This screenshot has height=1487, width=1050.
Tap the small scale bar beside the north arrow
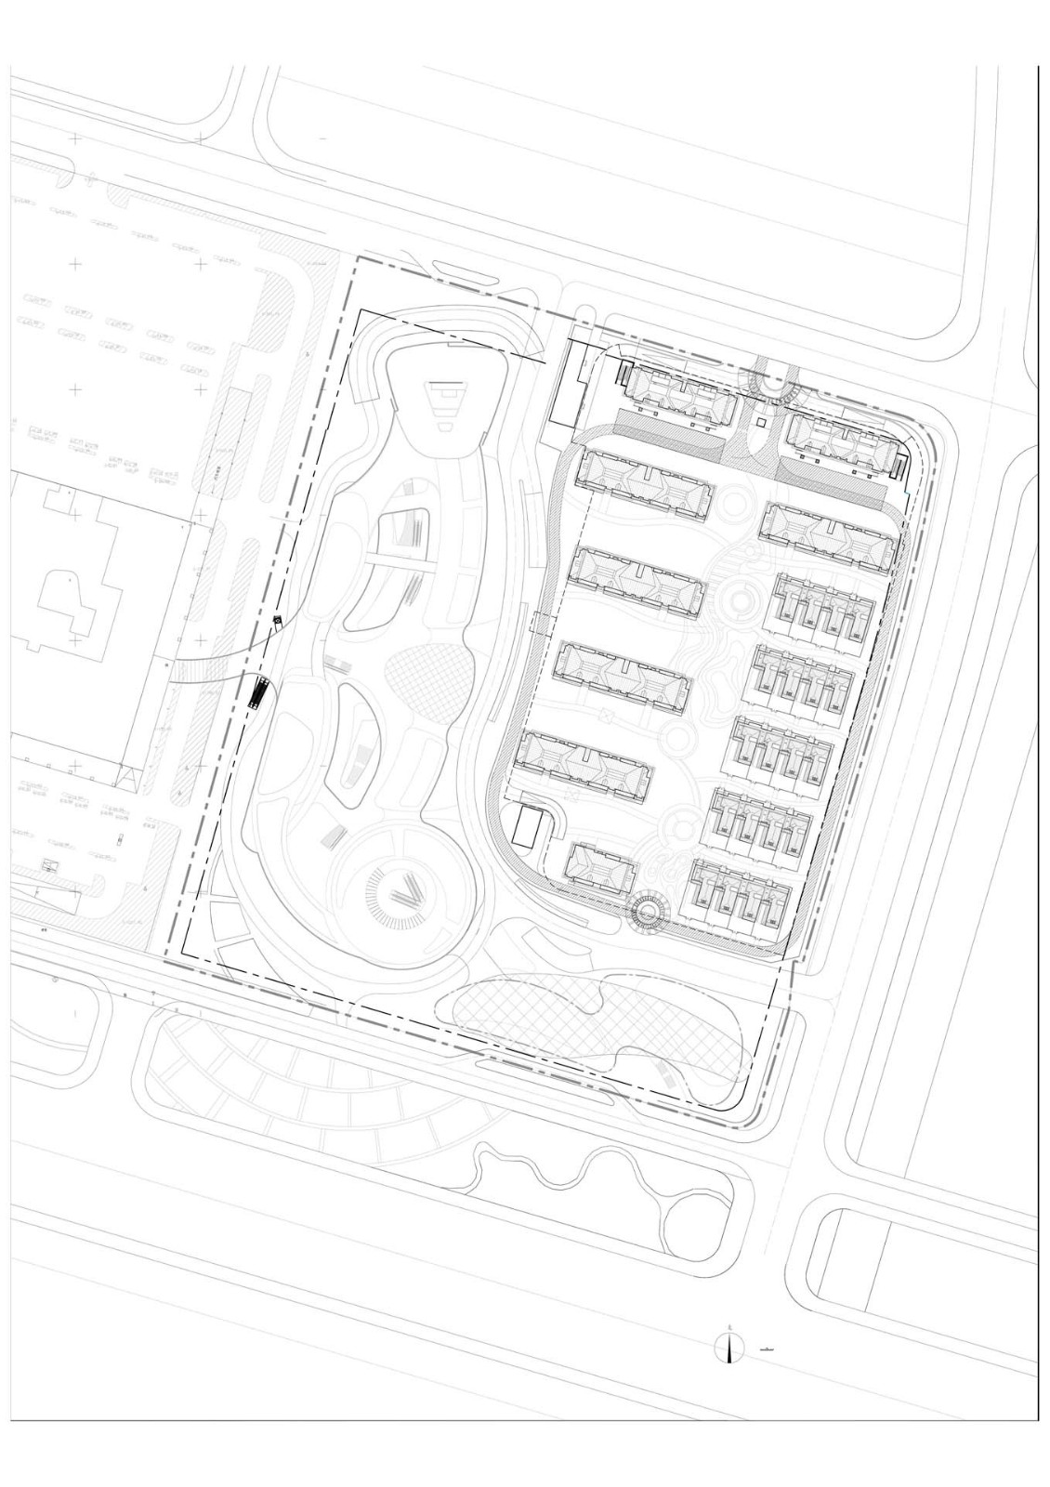tap(768, 1346)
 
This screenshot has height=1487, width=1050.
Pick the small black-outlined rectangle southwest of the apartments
tap(528, 825)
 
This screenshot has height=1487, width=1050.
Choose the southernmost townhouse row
tap(742, 895)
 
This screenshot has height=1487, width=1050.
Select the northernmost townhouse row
tap(823, 612)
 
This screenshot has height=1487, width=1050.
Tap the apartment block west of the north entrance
tap(680, 397)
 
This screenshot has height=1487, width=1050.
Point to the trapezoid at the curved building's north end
tap(450, 401)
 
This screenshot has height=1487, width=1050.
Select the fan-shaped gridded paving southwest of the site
tap(307, 1078)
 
